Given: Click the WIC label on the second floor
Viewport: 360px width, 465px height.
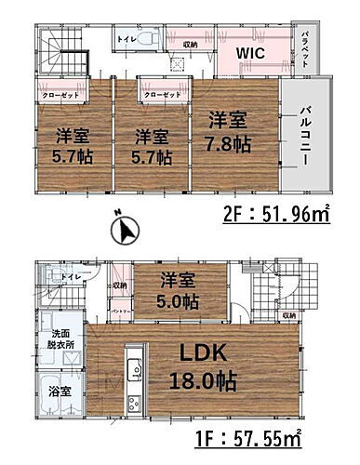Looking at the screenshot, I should pyautogui.click(x=250, y=54).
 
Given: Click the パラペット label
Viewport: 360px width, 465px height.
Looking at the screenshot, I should pyautogui.click(x=305, y=45).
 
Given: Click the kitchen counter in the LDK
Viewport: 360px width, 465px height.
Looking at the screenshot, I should pyautogui.click(x=134, y=381).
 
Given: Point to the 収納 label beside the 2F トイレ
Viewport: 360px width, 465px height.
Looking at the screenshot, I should pyautogui.click(x=189, y=43).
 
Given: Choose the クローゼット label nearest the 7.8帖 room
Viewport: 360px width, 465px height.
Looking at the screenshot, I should pyautogui.click(x=162, y=95).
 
